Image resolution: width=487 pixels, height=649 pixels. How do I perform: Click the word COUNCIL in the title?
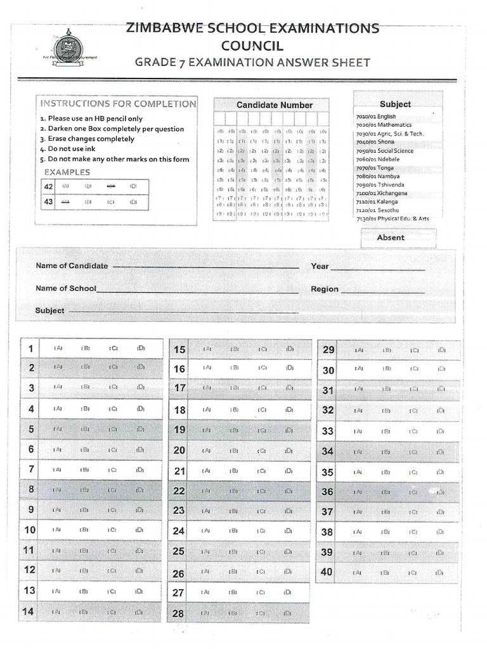coord(252,46)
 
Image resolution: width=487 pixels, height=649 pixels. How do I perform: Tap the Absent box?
coord(391,238)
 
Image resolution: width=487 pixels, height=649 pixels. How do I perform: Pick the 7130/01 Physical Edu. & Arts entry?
coord(393,219)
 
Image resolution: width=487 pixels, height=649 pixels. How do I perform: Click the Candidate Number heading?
coord(274,105)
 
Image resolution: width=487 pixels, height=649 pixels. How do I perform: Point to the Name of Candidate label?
coord(72,266)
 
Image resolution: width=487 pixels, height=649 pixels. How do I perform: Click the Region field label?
coord(325,289)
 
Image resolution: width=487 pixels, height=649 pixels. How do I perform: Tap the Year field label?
coord(320,266)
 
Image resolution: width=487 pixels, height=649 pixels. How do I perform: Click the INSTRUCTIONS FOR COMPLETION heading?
coord(119,104)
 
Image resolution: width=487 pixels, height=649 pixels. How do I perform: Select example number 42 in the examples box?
coord(48,186)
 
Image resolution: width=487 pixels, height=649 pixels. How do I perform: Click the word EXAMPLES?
coord(67,172)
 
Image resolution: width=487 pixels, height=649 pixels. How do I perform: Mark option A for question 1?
coord(58,348)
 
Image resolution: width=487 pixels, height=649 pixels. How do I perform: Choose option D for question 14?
coord(140,612)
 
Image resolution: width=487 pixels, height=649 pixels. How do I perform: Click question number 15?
coord(179,350)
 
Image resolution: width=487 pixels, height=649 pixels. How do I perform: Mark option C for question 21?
coord(261,471)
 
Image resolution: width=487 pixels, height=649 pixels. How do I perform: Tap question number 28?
coord(178,614)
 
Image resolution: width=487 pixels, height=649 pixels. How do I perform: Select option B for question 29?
coord(386,350)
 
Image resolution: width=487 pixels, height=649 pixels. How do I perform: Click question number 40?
coord(327,572)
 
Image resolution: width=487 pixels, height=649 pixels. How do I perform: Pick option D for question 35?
coord(441,472)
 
